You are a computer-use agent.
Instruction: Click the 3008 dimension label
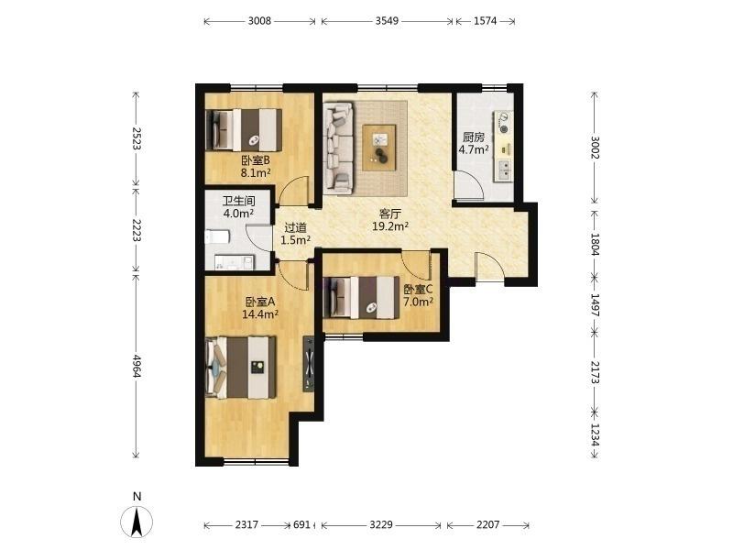259,21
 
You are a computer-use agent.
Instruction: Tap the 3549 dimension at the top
387,21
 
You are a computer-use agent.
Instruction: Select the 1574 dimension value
486,21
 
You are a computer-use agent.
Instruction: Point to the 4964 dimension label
137,366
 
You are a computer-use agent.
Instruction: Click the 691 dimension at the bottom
301,524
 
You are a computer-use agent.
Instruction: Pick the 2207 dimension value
488,524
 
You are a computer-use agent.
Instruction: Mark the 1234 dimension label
595,434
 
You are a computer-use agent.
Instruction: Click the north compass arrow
137,522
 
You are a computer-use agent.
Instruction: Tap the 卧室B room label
256,160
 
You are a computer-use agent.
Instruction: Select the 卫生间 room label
238,201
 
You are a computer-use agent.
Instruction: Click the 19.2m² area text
390,226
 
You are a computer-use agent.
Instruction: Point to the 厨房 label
474,137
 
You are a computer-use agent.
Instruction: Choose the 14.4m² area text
260,314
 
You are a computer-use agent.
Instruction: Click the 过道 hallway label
296,227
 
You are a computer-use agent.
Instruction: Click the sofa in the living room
338,148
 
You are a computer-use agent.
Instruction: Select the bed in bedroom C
361,298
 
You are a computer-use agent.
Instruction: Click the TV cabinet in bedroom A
309,363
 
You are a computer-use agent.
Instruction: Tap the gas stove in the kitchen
505,121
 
